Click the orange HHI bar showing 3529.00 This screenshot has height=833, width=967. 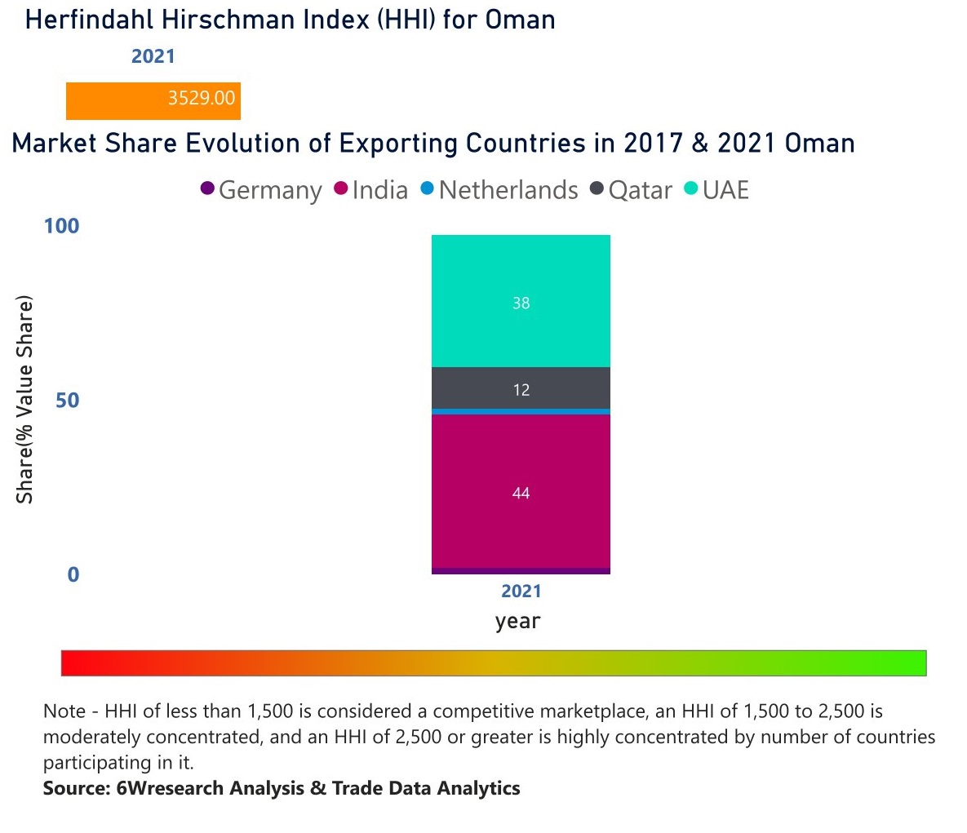[x=153, y=101]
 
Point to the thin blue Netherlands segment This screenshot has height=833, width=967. [x=521, y=412]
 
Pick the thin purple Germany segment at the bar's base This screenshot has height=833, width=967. [x=521, y=571]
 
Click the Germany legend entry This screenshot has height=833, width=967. [x=262, y=190]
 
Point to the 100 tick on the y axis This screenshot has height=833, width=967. [x=62, y=226]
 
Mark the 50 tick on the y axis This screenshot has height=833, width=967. [x=67, y=401]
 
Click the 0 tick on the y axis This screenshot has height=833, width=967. [x=73, y=575]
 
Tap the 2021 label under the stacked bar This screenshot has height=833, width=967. [x=521, y=592]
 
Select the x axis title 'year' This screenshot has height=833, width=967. [x=517, y=621]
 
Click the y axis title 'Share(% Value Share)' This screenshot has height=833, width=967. [x=24, y=400]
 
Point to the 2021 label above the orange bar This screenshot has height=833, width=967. [x=153, y=56]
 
